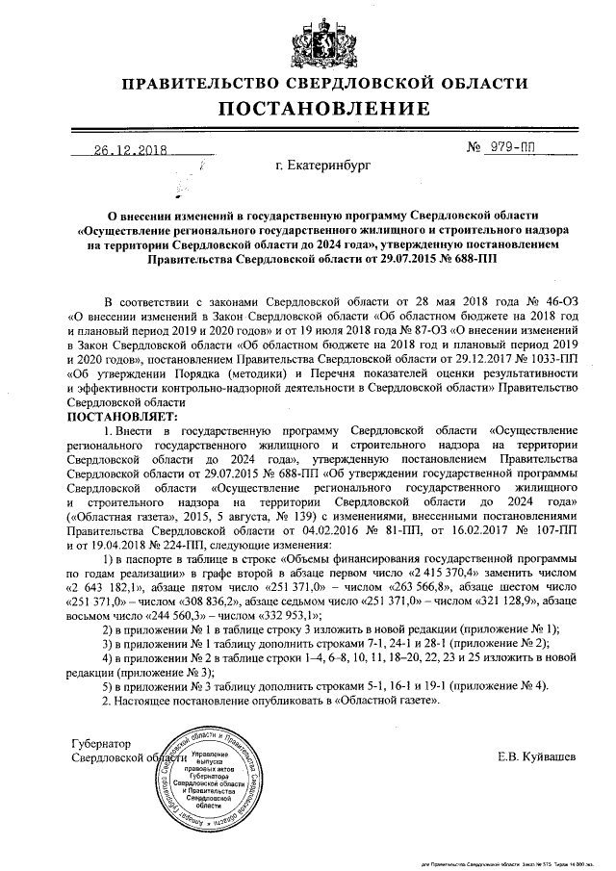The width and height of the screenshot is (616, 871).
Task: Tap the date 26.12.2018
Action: click(x=131, y=150)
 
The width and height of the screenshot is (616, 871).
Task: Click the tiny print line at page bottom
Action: click(x=507, y=864)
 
